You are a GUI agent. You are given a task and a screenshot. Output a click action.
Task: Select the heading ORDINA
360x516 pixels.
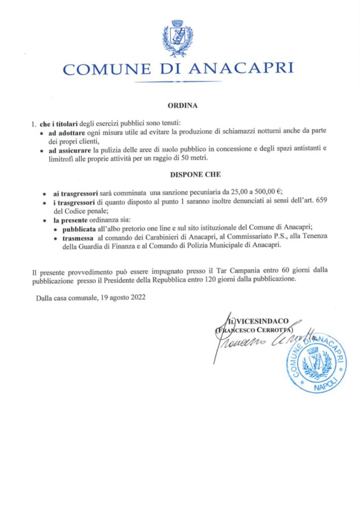click(180, 106)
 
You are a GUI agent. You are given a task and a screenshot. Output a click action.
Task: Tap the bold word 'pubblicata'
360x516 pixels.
click(77, 228)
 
